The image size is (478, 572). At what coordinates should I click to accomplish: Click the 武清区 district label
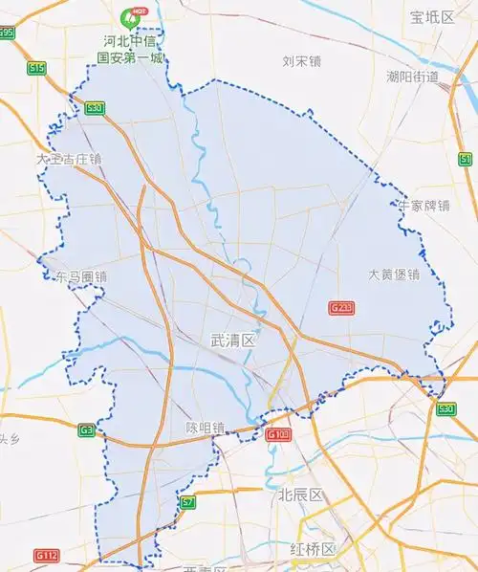pyautogui.click(x=233, y=340)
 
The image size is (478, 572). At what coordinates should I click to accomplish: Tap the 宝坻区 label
pyautogui.click(x=431, y=17)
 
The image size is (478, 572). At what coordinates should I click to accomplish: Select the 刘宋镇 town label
pyautogui.click(x=301, y=62)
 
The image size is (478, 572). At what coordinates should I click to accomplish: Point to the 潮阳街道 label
pyautogui.click(x=412, y=77)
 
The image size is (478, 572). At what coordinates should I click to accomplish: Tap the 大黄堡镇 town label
pyautogui.click(x=394, y=275)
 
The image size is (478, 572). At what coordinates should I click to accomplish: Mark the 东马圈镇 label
pyautogui.click(x=81, y=276)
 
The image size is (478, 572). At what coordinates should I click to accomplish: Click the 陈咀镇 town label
pyautogui.click(x=205, y=428)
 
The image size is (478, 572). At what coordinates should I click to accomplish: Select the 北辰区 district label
pyautogui.click(x=301, y=495)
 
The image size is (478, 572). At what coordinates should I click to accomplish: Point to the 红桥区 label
pyautogui.click(x=313, y=549)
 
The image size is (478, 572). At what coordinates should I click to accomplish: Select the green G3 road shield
pyautogui.click(x=87, y=430)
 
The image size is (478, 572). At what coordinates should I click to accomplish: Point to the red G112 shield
pyautogui.click(x=46, y=556)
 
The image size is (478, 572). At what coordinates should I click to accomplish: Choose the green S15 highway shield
pyautogui.click(x=36, y=68)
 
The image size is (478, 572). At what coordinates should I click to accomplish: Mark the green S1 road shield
pyautogui.click(x=466, y=158)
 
